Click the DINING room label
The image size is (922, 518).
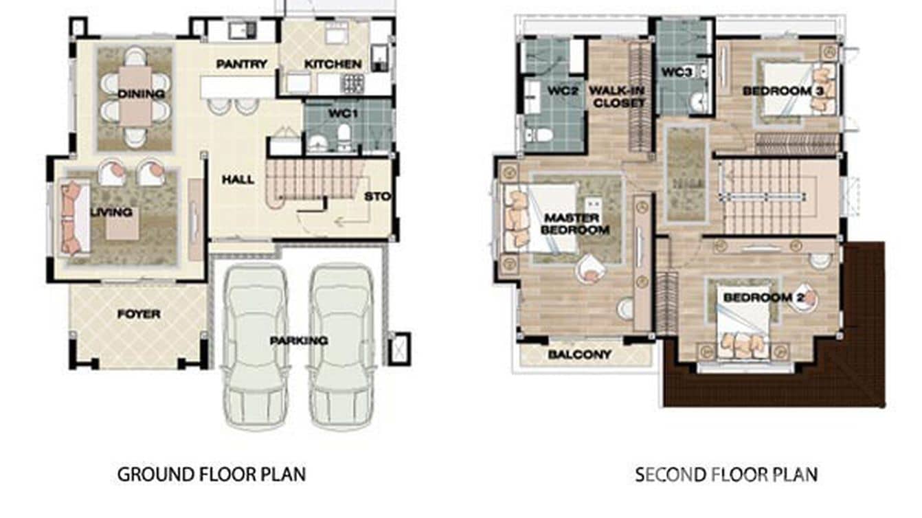coord(141,94)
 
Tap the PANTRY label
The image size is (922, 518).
coord(241,65)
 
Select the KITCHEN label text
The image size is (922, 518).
coord(333,65)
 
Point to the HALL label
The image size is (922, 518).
coord(238,180)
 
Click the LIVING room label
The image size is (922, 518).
coord(111,212)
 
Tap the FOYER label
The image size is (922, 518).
coord(138,315)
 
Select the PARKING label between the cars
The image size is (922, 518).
coord(298,341)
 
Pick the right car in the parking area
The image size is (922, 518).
coord(341,344)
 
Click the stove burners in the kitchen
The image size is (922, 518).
coord(353,84)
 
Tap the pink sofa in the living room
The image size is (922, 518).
coord(71,218)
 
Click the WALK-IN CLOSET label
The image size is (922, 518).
coord(617,97)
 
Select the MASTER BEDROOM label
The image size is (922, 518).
coord(576,224)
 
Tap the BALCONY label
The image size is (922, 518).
coord(579,355)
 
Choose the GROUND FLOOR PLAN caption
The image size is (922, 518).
coord(212,474)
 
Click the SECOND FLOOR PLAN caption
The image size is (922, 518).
coord(726,474)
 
